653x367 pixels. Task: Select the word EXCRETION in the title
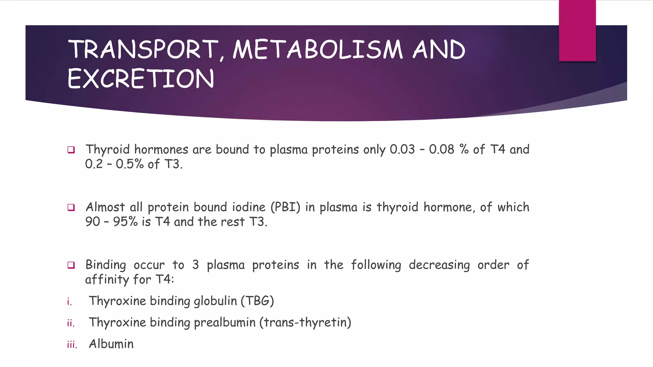click(x=141, y=79)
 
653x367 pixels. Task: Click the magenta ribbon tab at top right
click(x=577, y=31)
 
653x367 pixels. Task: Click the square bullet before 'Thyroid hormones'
click(x=71, y=150)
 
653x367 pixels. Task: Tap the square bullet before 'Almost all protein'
click(x=71, y=207)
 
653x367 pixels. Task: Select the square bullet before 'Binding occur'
click(x=71, y=265)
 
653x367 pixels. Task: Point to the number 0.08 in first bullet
click(x=441, y=149)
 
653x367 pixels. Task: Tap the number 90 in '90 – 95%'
click(x=93, y=222)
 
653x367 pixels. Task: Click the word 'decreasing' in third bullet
click(x=439, y=265)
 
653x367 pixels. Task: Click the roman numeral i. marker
click(x=70, y=301)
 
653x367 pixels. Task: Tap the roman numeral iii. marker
click(x=72, y=344)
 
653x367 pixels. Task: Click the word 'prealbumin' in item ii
click(x=224, y=322)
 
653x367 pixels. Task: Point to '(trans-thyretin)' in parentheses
click(x=305, y=322)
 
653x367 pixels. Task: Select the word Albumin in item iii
click(x=111, y=344)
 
